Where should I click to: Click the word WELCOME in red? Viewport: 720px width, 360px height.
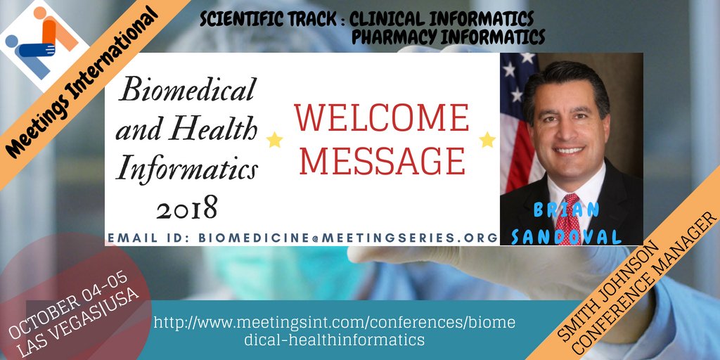point(381,117)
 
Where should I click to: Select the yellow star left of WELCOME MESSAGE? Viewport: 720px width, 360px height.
point(274,140)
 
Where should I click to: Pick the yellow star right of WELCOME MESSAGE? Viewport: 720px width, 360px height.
point(487,139)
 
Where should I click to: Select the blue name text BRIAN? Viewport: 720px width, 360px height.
point(566,210)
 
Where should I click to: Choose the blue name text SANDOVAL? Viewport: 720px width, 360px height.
point(566,237)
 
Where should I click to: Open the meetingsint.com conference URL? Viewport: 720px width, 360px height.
point(335,330)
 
